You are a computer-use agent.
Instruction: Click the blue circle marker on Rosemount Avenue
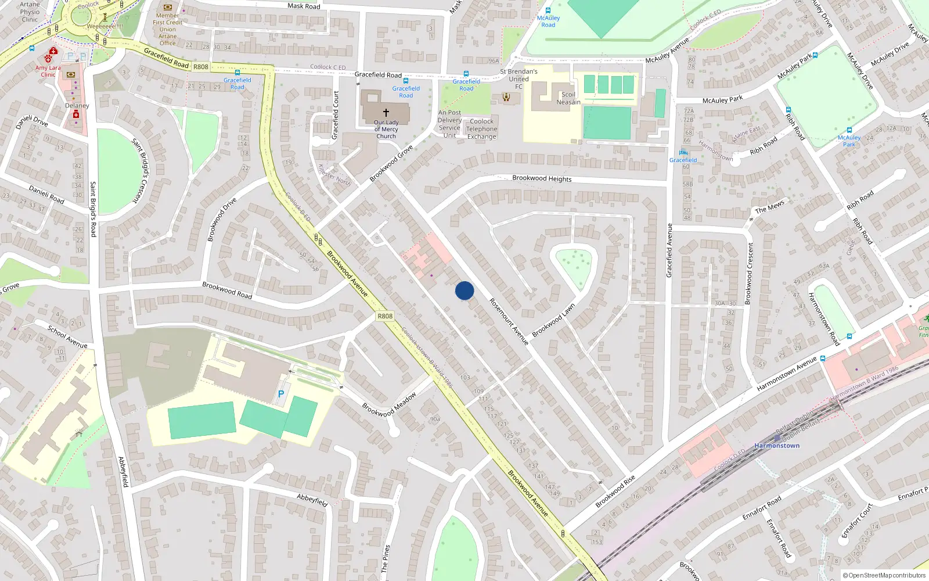pyautogui.click(x=464, y=290)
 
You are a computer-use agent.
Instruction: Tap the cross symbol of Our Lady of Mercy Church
pyautogui.click(x=386, y=112)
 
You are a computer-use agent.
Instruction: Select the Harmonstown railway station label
pyautogui.click(x=777, y=446)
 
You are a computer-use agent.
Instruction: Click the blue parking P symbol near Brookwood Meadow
pyautogui.click(x=281, y=394)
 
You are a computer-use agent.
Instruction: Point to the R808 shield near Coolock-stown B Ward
pyautogui.click(x=385, y=316)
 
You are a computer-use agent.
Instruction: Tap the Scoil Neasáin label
pyautogui.click(x=568, y=98)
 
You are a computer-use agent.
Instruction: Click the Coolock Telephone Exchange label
pyautogui.click(x=481, y=129)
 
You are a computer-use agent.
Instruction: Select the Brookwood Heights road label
pyautogui.click(x=542, y=178)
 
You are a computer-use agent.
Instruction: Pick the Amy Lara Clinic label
pyautogui.click(x=48, y=71)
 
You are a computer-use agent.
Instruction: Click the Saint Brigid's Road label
pyautogui.click(x=93, y=209)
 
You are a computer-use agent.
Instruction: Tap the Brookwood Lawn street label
pyautogui.click(x=553, y=320)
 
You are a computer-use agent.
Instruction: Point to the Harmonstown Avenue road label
pyautogui.click(x=787, y=374)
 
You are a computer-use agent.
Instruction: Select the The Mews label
pyautogui.click(x=769, y=207)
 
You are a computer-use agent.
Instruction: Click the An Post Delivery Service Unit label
pyautogui.click(x=449, y=124)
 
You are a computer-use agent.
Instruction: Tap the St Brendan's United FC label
pyautogui.click(x=518, y=79)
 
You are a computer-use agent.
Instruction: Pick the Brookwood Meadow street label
pyautogui.click(x=389, y=405)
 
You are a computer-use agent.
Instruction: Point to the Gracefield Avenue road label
pyautogui.click(x=669, y=250)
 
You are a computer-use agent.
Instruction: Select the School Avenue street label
pyautogui.click(x=67, y=337)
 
